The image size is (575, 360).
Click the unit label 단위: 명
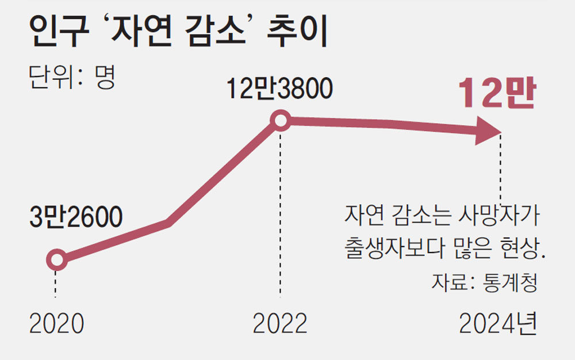[x=72, y=76]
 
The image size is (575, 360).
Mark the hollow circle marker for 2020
[x=56, y=260]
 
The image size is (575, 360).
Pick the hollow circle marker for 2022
[x=280, y=121]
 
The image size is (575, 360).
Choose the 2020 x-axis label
[x=56, y=324]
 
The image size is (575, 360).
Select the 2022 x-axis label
[x=280, y=324]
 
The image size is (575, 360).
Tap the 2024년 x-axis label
[x=497, y=324]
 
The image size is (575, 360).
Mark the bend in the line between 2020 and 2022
[x=168, y=223]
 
